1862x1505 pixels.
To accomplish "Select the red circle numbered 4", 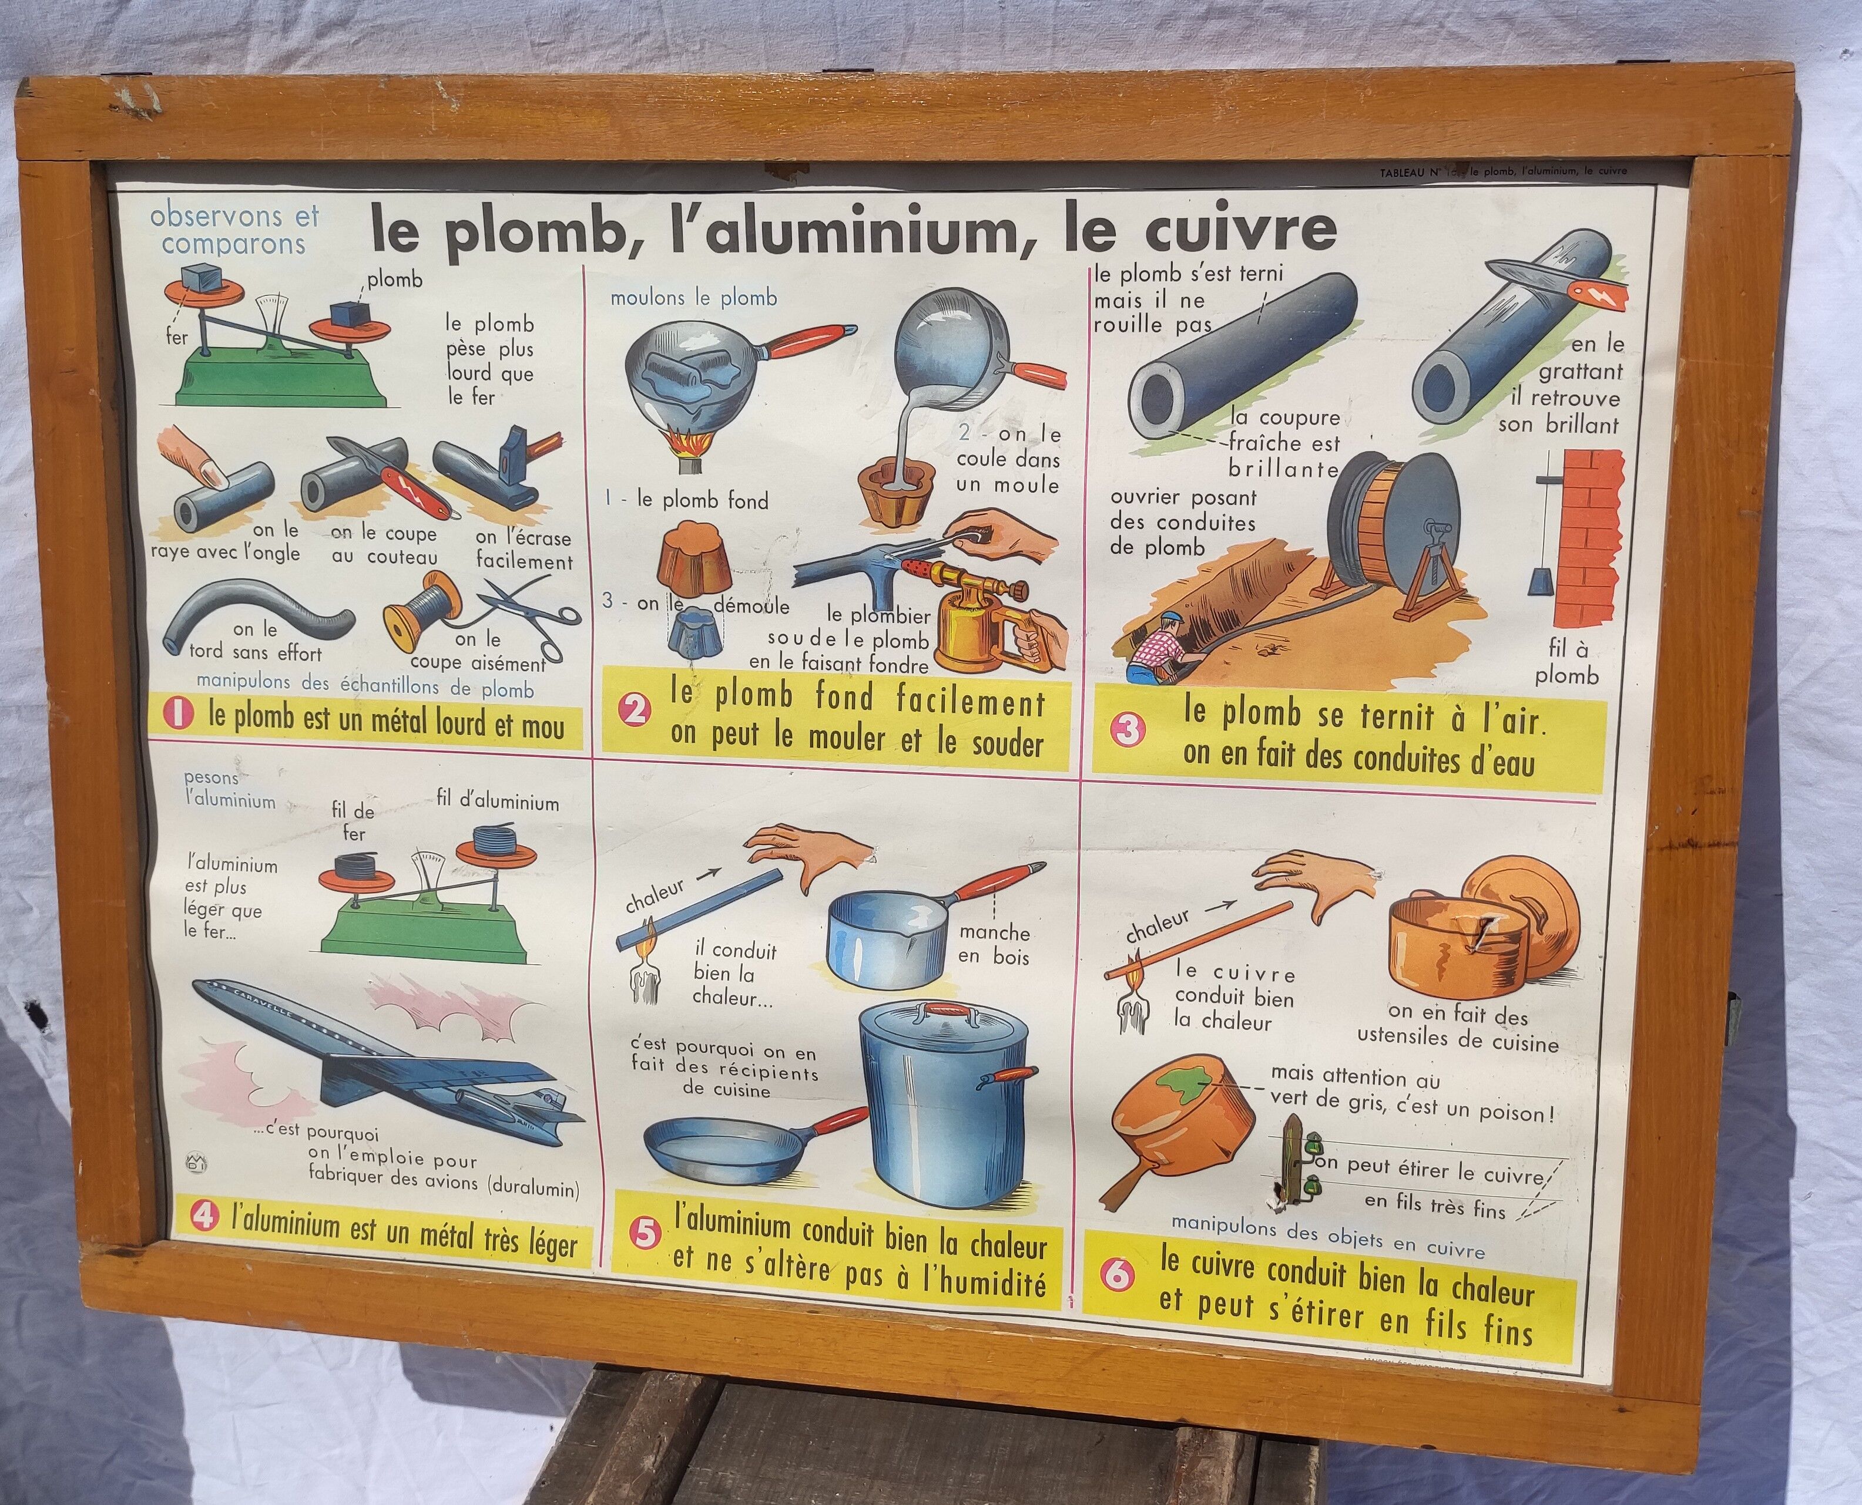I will pos(203,1216).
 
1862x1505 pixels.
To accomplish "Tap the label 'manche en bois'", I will pos(994,945).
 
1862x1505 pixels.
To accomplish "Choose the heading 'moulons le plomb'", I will pos(694,298).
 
